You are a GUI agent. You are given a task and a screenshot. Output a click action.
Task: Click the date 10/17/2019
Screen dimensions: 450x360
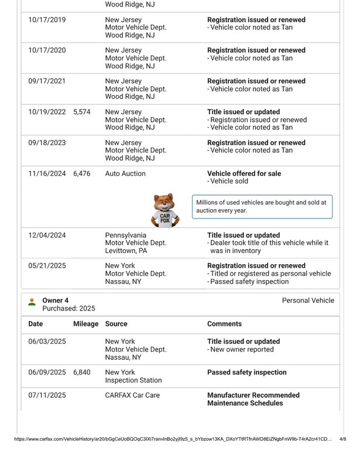click(x=47, y=20)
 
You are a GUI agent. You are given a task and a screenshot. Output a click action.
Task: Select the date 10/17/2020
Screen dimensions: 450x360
click(x=47, y=50)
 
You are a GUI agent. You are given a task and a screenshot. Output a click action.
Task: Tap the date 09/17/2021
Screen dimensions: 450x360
click(x=47, y=81)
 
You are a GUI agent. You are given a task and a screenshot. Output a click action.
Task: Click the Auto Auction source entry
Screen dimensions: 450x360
click(x=125, y=174)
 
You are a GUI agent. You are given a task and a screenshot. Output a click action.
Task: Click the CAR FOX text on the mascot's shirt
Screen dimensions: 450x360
click(x=167, y=219)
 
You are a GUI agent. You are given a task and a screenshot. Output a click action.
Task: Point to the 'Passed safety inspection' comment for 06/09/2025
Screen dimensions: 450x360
click(x=247, y=373)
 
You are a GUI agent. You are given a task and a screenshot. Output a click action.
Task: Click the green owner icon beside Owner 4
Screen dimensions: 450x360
click(x=32, y=302)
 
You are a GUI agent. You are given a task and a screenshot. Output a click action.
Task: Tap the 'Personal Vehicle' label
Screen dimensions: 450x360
click(x=308, y=301)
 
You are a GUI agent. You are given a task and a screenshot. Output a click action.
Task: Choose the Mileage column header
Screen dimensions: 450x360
click(x=85, y=324)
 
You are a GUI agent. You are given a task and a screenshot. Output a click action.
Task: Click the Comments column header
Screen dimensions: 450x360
click(x=224, y=324)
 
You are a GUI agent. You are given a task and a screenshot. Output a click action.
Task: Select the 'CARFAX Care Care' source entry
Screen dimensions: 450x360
click(x=132, y=396)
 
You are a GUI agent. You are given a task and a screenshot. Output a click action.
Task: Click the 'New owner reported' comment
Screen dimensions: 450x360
click(x=242, y=350)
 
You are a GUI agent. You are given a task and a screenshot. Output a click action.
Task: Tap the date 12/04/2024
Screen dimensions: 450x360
click(x=47, y=236)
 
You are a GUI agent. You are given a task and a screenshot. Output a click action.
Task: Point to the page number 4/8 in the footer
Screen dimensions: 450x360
click(x=343, y=438)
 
